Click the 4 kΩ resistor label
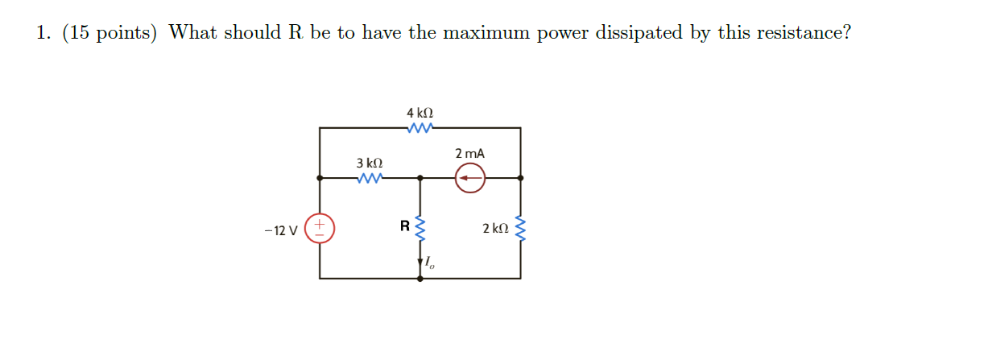420,113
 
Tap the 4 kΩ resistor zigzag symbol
420,128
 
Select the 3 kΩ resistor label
370,163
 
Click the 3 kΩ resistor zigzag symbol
370,178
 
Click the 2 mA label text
469,154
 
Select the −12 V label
281,230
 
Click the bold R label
405,226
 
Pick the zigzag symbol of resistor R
420,229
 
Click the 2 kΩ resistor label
495,229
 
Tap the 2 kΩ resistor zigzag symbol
521,229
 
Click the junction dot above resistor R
420,178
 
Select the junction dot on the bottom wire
420,279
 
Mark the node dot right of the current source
520,178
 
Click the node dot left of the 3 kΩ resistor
320,178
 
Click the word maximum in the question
486,33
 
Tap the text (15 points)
110,33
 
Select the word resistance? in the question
804,33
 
